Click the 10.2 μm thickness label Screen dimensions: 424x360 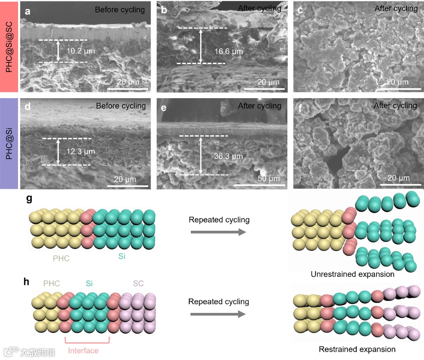(81, 51)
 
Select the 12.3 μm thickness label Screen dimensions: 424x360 (81, 152)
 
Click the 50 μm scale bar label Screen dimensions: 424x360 (269, 179)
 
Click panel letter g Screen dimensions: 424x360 (29, 199)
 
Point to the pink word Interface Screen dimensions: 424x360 (83, 350)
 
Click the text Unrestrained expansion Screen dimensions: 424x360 (353, 274)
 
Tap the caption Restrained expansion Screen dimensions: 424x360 (357, 349)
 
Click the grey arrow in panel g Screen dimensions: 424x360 (218, 233)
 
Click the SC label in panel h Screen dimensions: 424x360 (138, 283)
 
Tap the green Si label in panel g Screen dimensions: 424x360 (122, 256)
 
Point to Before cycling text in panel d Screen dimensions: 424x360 (121, 106)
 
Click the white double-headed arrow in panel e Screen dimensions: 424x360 (201, 155)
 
